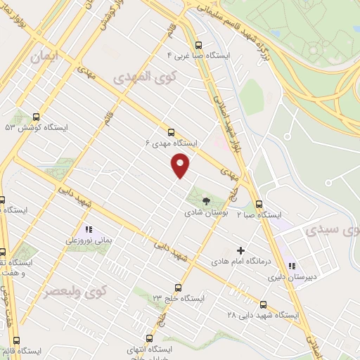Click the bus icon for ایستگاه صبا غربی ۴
point(198,41)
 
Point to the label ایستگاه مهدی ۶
point(172,143)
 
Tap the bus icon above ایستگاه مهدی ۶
point(172,131)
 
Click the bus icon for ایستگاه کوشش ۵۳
point(36,117)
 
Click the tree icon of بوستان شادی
point(205,200)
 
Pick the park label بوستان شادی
point(205,212)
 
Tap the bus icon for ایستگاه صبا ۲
point(259,204)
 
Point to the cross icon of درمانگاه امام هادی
point(241,250)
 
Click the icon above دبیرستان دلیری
point(291,266)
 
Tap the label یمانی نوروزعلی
point(89,240)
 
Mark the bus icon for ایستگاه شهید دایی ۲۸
point(263,304)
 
